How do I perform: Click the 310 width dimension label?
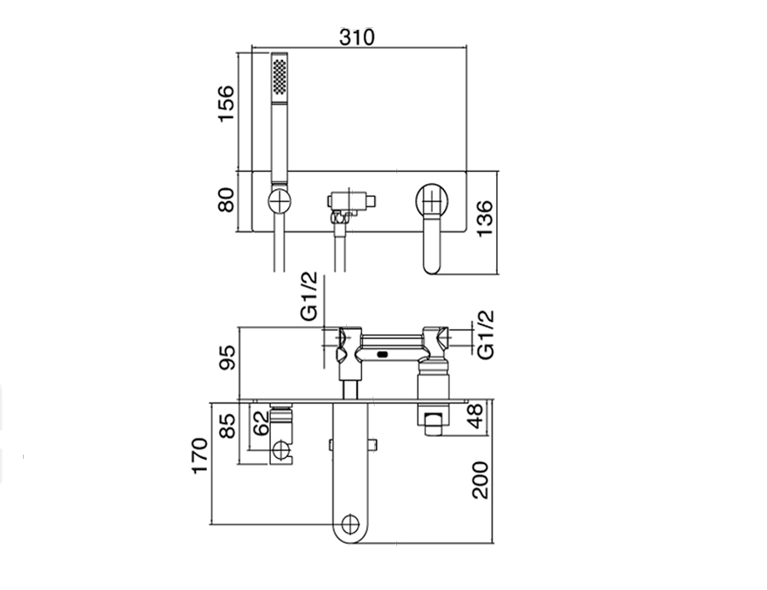pyautogui.click(x=357, y=37)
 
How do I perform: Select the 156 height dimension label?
pyautogui.click(x=226, y=104)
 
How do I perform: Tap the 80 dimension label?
pyautogui.click(x=226, y=200)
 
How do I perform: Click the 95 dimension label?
pyautogui.click(x=228, y=358)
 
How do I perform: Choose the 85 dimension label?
pyautogui.click(x=227, y=426)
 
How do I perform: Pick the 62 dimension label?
pyautogui.click(x=262, y=423)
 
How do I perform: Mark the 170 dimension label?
pyautogui.click(x=199, y=455)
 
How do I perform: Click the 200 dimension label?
pyautogui.click(x=481, y=480)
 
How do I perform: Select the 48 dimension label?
pyautogui.click(x=475, y=415)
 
